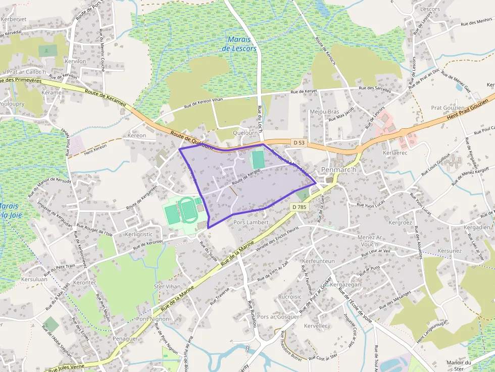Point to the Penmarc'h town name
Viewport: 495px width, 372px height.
pos(339,170)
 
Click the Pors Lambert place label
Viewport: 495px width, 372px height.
pos(251,222)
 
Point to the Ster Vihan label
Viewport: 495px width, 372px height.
pos(167,286)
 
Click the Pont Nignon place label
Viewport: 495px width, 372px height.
pos(153,319)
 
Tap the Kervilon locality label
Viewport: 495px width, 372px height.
pos(76,61)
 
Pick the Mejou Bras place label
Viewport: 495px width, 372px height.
pos(324,112)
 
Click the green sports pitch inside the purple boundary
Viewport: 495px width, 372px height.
pos(258,160)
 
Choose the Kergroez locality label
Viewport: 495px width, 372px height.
pos(401,222)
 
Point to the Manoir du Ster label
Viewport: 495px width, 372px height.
pos(459,365)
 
